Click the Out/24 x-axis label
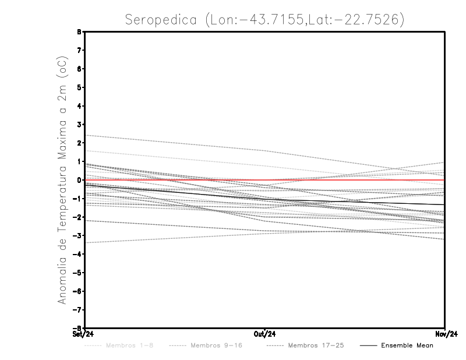[x=265, y=334]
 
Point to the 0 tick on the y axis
[x=79, y=180]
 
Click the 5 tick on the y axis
[x=79, y=87]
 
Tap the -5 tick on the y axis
[x=78, y=273]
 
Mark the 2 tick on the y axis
[x=79, y=143]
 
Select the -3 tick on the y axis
[x=78, y=235]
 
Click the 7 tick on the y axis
[x=79, y=50]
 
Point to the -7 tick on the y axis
[x=78, y=309]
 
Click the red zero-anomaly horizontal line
[x=349, y=180]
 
